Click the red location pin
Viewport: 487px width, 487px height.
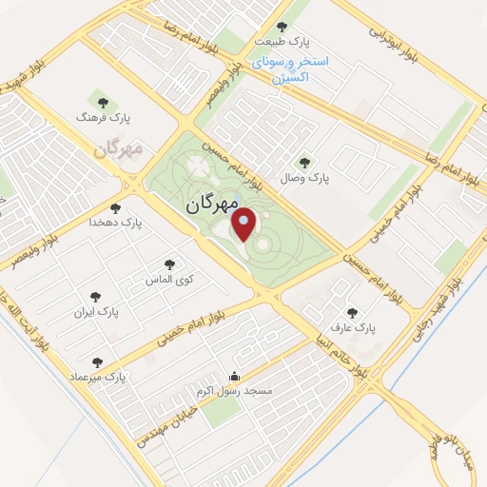tap(244, 224)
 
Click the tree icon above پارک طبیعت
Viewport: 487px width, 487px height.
tap(281, 27)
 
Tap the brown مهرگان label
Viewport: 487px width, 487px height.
tap(119, 150)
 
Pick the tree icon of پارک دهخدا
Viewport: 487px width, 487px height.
tap(115, 206)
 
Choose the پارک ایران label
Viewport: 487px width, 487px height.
tap(94, 311)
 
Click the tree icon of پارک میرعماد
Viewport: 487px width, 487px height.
tap(96, 362)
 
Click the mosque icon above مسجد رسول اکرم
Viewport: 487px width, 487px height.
tap(234, 376)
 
